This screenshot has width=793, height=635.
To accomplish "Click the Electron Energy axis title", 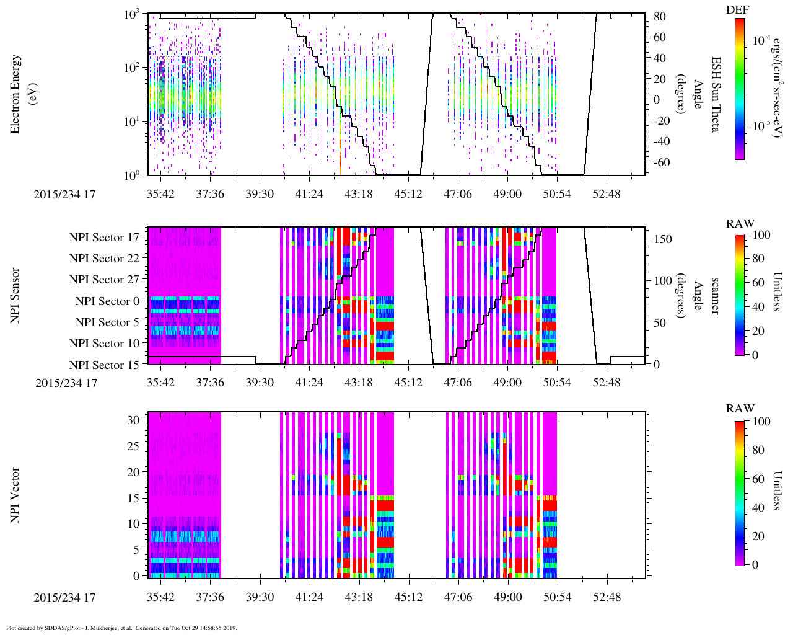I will [16, 94].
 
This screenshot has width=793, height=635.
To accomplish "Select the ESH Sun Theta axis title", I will [716, 94].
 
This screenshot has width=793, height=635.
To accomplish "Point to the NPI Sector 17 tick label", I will [104, 237].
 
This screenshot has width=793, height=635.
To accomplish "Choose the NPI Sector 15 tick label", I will [104, 365].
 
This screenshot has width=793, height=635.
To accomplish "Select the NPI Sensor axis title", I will [15, 295].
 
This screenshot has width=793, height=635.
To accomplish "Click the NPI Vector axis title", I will [15, 495].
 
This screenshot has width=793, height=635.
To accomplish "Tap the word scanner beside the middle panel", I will [715, 295].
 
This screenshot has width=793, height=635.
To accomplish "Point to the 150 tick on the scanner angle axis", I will [664, 239].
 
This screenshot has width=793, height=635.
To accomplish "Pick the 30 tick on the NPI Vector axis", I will [134, 419].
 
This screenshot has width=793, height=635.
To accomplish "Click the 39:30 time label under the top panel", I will [259, 194].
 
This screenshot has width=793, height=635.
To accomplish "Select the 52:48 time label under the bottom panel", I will [606, 597].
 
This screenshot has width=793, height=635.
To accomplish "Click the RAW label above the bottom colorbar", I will [740, 409].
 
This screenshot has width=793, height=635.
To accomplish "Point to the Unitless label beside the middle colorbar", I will [778, 291].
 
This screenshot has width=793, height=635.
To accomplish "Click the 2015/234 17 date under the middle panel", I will [66, 383].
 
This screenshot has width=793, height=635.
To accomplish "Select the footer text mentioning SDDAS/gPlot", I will [121, 628].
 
